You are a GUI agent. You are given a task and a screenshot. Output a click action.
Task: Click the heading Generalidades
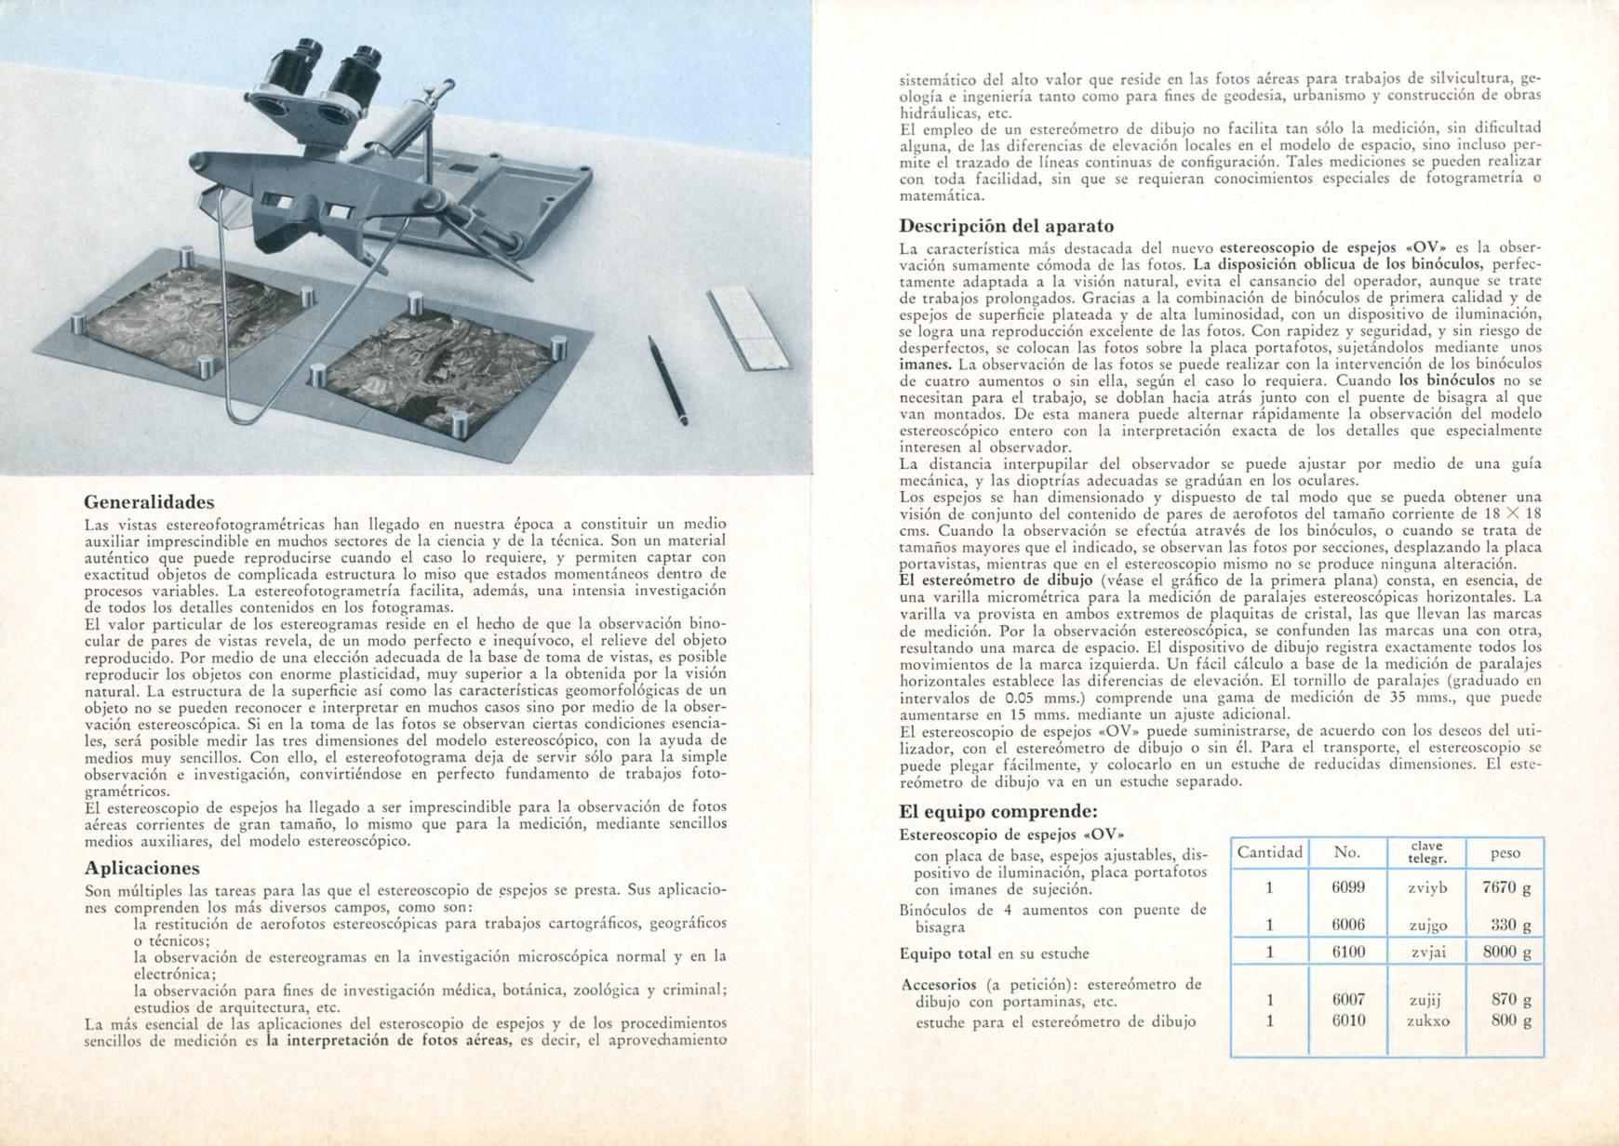[149, 503]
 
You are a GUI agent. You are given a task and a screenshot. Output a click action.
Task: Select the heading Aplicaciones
[141, 868]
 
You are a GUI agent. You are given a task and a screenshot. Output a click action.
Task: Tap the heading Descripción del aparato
[1006, 226]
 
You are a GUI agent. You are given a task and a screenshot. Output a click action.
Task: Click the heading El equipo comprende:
[998, 811]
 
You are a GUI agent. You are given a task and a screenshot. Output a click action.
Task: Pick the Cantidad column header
[1269, 852]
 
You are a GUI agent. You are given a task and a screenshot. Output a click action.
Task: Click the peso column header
[1505, 852]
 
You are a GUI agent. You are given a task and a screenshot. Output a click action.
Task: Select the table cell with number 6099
[1348, 887]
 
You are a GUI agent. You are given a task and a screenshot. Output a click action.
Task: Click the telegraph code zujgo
[1428, 925]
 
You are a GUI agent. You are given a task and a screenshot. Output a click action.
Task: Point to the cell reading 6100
[1348, 952]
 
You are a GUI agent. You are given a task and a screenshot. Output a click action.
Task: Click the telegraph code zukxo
[1428, 1020]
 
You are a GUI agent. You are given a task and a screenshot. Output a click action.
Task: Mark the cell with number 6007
[1348, 999]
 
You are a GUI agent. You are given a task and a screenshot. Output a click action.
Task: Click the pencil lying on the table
[668, 380]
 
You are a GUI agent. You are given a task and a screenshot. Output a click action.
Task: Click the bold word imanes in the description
[925, 364]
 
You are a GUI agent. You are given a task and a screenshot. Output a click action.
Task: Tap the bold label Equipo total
[946, 953]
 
